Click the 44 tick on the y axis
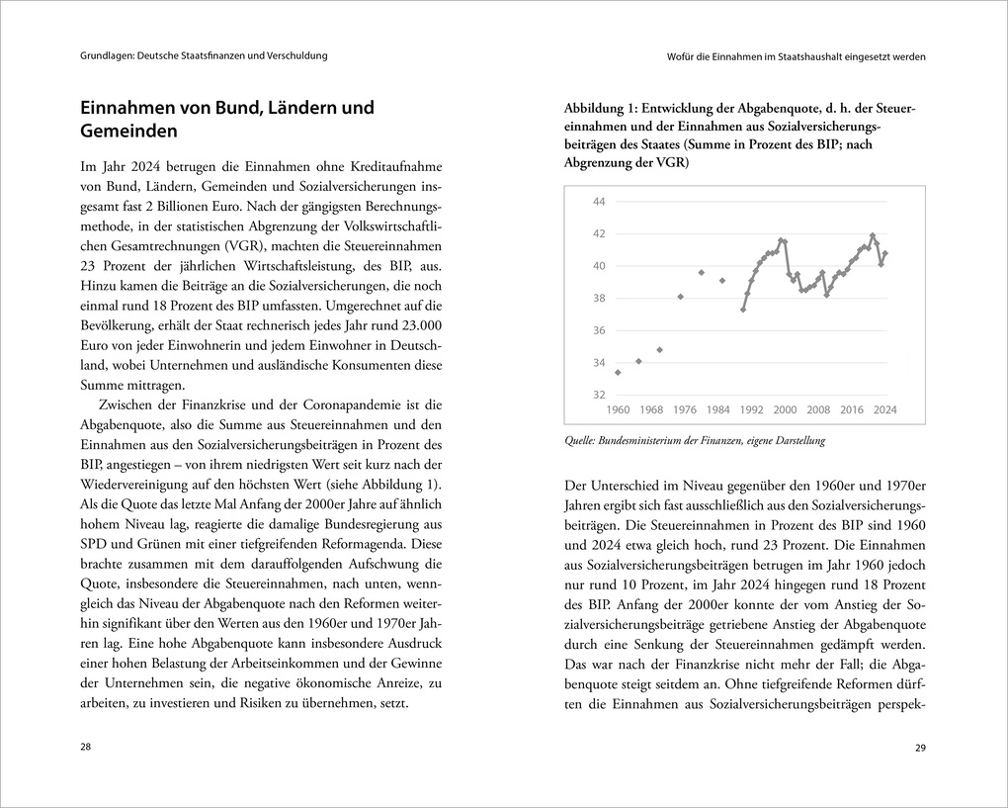[x=599, y=202]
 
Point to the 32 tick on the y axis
[x=599, y=395]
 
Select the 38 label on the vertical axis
[x=599, y=299]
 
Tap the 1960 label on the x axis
[x=618, y=409]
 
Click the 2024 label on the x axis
[x=884, y=409]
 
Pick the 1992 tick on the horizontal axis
[x=751, y=409]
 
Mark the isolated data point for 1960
[x=618, y=373]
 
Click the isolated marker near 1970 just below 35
[x=659, y=350]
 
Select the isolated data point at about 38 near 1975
[x=680, y=297]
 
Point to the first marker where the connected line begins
[x=743, y=310]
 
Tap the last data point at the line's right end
[x=885, y=253]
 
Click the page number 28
[x=85, y=747]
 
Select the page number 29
[x=920, y=747]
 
